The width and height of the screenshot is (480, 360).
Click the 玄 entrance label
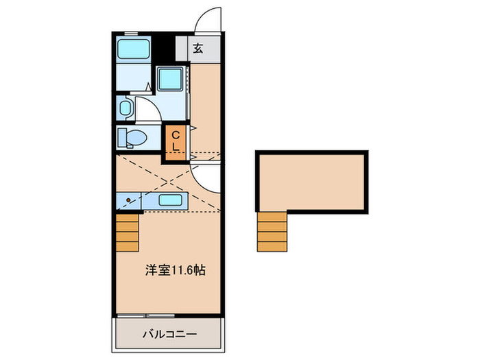pos(198,49)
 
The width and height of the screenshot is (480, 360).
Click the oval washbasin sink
pos(125,108)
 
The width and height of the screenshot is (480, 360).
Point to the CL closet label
pos(176,141)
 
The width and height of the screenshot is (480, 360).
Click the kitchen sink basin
pos(169,200)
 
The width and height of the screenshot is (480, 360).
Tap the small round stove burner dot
pos(128,200)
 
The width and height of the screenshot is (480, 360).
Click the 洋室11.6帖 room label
pos(174,270)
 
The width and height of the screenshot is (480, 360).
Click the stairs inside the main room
pos(128,233)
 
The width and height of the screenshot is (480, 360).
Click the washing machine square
pos(169,79)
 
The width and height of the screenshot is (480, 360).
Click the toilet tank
pos(122,138)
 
